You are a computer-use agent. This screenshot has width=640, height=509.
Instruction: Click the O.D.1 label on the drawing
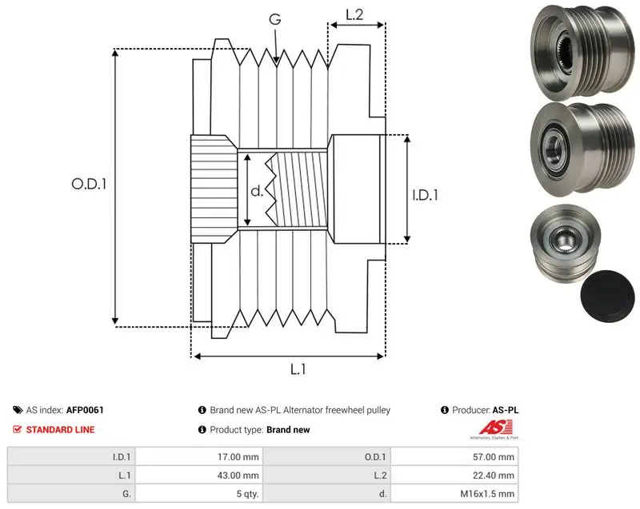pyautogui.click(x=89, y=185)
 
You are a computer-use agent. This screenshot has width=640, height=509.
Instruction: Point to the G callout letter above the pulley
pyautogui.click(x=275, y=19)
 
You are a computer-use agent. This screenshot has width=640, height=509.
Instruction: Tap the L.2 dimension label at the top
pyautogui.click(x=354, y=14)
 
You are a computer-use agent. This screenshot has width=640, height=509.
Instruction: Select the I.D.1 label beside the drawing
pyautogui.click(x=425, y=195)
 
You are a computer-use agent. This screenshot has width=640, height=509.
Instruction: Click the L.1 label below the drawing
pyautogui.click(x=298, y=369)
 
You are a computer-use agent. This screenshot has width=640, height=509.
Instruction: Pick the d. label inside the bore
pyautogui.click(x=256, y=191)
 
